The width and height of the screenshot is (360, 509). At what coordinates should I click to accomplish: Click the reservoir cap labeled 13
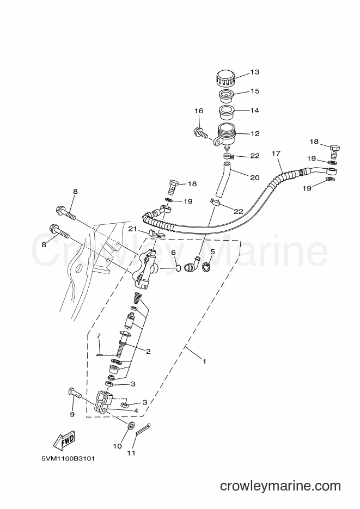(x=225, y=78)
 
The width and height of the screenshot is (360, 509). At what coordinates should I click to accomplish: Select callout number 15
(x=255, y=91)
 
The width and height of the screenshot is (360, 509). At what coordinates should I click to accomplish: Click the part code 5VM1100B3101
(x=68, y=459)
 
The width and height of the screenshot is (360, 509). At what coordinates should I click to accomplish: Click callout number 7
(x=99, y=335)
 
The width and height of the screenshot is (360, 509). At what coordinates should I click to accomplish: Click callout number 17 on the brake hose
(x=276, y=153)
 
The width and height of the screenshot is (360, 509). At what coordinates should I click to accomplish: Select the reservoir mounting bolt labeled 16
(x=200, y=132)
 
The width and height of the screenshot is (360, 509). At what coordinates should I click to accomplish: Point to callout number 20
(x=255, y=177)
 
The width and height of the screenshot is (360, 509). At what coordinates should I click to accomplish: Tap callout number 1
(x=204, y=361)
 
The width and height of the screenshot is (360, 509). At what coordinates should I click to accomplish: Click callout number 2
(x=148, y=351)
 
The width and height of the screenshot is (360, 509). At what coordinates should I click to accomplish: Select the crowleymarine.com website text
(x=280, y=486)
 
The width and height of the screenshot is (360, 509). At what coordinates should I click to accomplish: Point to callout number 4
(x=136, y=411)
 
